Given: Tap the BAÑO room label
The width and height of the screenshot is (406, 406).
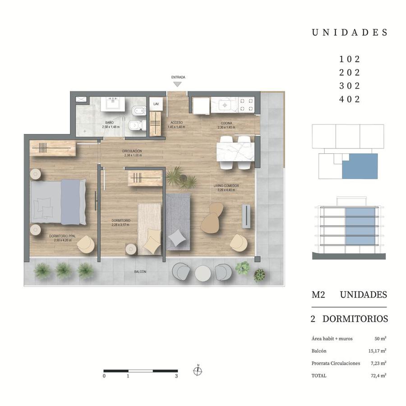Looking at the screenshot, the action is tap(110, 122).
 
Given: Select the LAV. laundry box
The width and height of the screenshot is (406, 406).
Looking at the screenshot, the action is tap(156, 104).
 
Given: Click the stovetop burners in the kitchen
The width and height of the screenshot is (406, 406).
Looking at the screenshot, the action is tap(246, 105).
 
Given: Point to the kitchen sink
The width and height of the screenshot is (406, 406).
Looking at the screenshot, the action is tap(225, 105).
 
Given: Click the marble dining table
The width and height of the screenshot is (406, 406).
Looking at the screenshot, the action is tap(235, 152).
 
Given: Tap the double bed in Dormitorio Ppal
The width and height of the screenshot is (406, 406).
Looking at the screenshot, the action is tap(58, 202).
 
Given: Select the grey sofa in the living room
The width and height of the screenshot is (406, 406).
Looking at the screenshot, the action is tap(178, 222).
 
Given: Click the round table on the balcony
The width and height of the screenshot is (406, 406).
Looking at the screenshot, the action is tap(203, 273).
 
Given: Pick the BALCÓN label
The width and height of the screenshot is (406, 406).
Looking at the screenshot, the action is tap(140, 272).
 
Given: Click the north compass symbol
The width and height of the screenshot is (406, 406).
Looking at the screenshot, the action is tap(198, 371).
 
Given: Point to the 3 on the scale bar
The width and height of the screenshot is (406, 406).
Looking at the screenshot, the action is tap(176, 376).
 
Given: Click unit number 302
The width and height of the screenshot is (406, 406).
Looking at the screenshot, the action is tap(350, 86).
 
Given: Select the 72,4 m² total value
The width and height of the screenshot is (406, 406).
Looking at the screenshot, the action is tap(378, 375).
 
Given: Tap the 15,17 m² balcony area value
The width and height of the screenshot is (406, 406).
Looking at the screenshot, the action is tap(377, 351).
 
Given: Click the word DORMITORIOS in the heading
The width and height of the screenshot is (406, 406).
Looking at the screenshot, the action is tap(355, 319).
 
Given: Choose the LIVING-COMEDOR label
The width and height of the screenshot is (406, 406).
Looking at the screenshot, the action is tap(226, 186).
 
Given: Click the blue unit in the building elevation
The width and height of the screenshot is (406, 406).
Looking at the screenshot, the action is tap(360, 226).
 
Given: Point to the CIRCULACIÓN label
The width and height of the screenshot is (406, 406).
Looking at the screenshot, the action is tap(132, 151).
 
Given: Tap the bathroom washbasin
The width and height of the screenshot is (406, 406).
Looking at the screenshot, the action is tap(113, 104).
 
